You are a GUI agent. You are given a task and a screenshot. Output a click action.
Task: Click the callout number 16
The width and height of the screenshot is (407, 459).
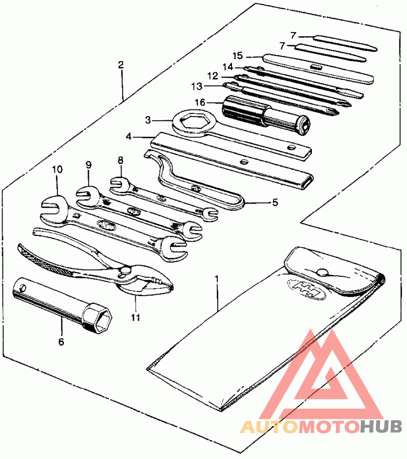(x=200, y=102)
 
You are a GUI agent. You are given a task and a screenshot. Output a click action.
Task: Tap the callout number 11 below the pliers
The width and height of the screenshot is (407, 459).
(x=135, y=318)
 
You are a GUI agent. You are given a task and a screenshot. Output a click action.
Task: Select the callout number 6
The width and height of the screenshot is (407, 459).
(x=61, y=341)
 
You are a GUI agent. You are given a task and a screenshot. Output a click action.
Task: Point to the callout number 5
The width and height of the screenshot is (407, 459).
(x=275, y=203)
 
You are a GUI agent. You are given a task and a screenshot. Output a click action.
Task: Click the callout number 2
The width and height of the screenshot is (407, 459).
(x=121, y=65)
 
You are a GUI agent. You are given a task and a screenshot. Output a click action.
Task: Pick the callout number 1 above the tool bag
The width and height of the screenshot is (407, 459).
(x=217, y=278)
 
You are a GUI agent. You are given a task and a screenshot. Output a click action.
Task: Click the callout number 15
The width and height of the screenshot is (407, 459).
(x=238, y=55)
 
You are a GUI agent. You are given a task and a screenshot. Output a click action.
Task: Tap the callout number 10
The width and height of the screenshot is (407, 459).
(x=57, y=169)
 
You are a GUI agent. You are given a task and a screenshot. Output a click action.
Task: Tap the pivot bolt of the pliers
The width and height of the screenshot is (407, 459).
(x=126, y=270)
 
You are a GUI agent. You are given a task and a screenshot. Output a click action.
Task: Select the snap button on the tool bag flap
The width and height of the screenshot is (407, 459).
(x=322, y=273)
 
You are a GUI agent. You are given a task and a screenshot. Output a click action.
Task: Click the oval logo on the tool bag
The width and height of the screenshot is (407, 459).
(x=306, y=289)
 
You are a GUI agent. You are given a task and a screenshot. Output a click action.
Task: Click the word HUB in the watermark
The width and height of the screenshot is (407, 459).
(x=381, y=426)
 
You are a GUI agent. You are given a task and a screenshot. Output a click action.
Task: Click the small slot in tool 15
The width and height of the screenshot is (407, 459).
(x=316, y=67)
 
